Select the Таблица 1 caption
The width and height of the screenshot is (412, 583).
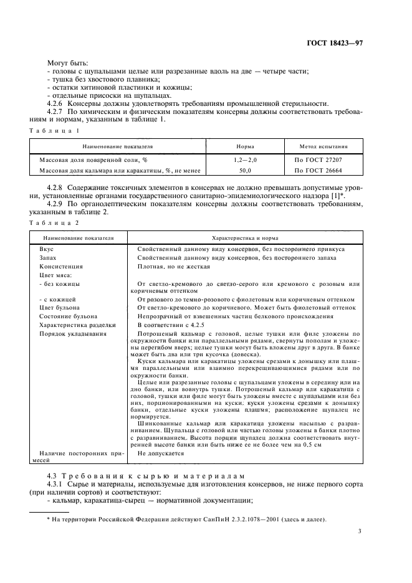[54, 131]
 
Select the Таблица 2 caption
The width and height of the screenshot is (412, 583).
[54, 222]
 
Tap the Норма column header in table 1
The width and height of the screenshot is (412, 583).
[245, 148]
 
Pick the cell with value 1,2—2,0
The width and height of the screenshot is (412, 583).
[245, 160]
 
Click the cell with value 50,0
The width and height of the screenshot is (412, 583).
[245, 169]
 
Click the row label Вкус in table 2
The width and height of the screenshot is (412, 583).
[47, 249]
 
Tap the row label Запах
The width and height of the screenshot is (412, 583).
[49, 257]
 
